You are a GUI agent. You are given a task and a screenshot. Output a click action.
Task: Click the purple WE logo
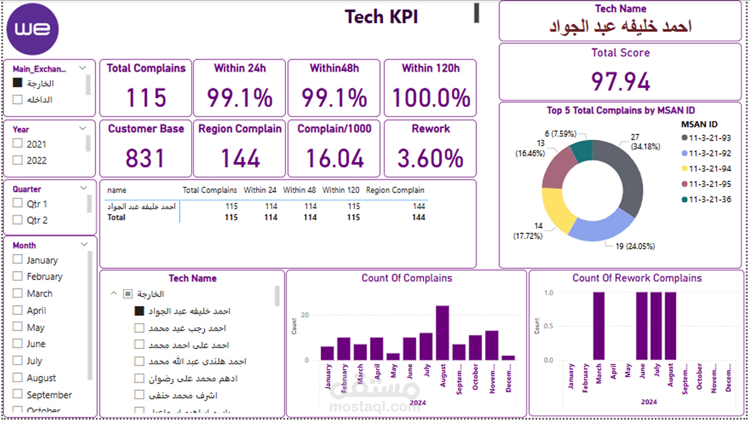33,29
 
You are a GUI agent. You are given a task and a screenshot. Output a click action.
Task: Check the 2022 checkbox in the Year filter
18,160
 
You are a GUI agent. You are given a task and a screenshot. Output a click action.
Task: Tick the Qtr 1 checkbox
18,203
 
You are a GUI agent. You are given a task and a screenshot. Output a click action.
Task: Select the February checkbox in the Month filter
18,276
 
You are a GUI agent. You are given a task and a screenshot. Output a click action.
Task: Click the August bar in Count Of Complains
442,333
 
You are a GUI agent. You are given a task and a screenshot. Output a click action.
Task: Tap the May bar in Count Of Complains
393,357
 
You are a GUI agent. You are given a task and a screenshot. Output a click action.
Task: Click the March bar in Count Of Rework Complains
599,326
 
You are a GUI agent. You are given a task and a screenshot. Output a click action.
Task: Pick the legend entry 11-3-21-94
709,169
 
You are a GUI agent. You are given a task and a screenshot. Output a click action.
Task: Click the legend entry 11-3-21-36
709,199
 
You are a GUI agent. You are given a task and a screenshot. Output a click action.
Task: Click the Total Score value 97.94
621,82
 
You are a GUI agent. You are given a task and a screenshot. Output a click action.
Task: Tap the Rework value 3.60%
430,158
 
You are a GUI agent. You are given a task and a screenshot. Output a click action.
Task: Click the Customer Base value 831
145,158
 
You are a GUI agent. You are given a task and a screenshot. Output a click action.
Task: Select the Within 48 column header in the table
299,190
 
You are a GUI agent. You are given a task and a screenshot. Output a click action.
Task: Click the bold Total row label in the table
116,217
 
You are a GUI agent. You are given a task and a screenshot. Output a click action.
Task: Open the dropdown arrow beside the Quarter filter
83,188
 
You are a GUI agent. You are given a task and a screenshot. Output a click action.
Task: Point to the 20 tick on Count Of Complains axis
305,315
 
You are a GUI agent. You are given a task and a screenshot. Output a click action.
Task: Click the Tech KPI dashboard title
381,17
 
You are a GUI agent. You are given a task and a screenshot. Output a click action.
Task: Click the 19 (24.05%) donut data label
635,246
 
